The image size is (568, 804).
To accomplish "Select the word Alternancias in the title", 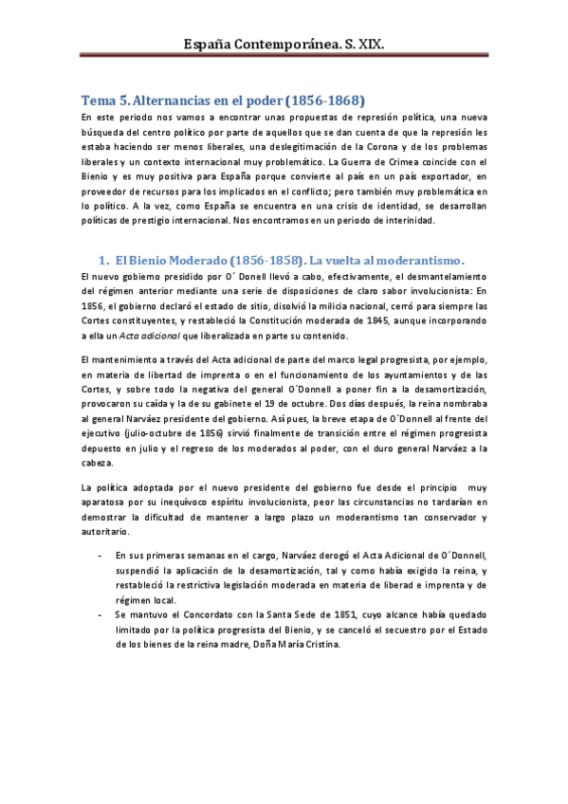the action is (x=177, y=100).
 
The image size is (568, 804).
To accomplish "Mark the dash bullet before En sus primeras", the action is (x=101, y=556).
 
